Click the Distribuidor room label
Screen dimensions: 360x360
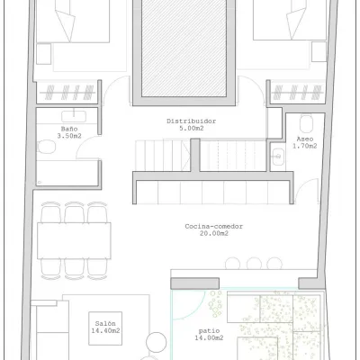pos(192,121)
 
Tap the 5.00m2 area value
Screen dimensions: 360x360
pos(192,129)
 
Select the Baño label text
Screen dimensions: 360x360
pos(69,129)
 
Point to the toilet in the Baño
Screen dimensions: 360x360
pos(47,147)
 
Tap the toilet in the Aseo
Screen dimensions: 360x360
pos(306,124)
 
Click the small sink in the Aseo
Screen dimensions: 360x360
pos(277,156)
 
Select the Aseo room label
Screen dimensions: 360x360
pos(305,139)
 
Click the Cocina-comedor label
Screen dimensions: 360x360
pos(213,227)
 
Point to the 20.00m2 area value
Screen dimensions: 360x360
pos(214,233)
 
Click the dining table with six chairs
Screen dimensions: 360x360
pos(74,240)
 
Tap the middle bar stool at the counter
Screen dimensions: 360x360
pos(254,264)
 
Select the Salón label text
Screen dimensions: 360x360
pos(105,324)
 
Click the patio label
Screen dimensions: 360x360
pos(209,331)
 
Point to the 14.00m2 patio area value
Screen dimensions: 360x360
pos(209,338)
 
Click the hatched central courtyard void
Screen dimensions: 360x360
pos(184,48)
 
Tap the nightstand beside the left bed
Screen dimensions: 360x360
pos(44,54)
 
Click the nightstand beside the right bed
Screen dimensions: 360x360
pos(319,51)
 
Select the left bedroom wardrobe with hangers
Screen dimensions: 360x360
pos(67,92)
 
